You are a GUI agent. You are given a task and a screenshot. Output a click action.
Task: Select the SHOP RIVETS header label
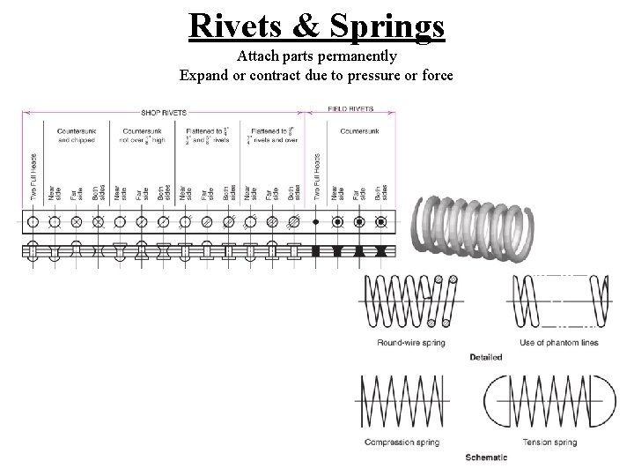pyautogui.click(x=163, y=111)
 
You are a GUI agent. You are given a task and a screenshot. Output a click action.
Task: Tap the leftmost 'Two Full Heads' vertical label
pyautogui.click(x=33, y=176)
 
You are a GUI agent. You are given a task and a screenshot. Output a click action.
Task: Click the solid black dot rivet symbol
pyautogui.click(x=316, y=220)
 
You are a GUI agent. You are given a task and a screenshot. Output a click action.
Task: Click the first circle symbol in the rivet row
pyautogui.click(x=33, y=220)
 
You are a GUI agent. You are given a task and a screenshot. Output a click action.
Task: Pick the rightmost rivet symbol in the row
pyautogui.click(x=381, y=220)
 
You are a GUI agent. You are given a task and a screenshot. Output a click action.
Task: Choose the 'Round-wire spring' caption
pyautogui.click(x=410, y=343)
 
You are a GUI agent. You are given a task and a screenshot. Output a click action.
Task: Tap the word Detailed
pyautogui.click(x=485, y=357)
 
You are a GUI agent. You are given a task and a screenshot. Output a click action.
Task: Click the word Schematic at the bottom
pyautogui.click(x=487, y=457)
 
